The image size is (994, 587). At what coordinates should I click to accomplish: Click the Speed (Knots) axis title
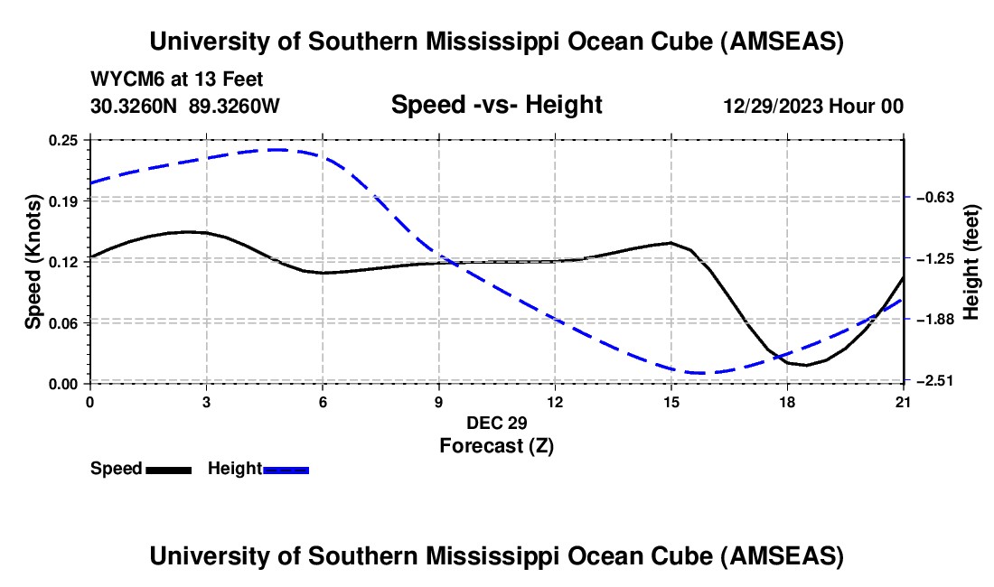pyautogui.click(x=33, y=261)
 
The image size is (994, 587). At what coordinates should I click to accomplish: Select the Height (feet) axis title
pyautogui.click(x=971, y=262)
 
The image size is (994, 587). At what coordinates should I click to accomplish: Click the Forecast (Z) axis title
pyautogui.click(x=497, y=445)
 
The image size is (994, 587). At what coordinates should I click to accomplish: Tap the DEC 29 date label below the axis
pyautogui.click(x=497, y=423)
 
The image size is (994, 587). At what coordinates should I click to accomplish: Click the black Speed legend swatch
pyautogui.click(x=168, y=469)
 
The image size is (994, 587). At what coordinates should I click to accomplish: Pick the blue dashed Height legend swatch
pyautogui.click(x=286, y=469)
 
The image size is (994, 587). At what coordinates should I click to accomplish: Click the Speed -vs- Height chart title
pyautogui.click(x=496, y=105)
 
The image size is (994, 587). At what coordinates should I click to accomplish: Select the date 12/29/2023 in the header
pyautogui.click(x=772, y=106)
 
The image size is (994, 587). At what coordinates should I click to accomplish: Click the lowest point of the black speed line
pyautogui.click(x=806, y=365)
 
